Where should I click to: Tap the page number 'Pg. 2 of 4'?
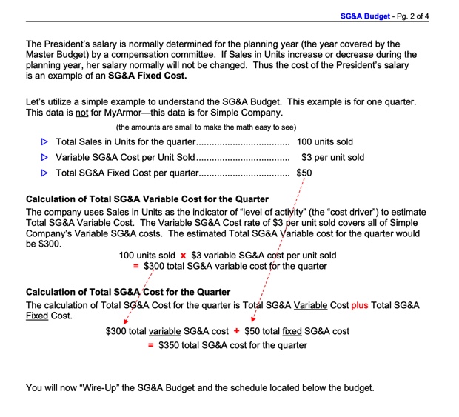423,15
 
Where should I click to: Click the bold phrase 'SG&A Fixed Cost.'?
147,76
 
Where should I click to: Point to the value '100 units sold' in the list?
324,141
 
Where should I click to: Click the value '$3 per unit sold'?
332,157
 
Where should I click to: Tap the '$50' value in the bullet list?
304,173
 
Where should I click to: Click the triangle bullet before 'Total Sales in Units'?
44,141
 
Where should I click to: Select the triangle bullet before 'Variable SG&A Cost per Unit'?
44,157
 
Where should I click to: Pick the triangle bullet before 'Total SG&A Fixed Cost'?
44,173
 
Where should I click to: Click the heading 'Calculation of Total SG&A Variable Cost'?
147,199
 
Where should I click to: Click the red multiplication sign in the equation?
183,256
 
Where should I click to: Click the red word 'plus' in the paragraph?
359,305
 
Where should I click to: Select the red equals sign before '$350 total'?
152,345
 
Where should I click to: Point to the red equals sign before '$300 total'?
135,267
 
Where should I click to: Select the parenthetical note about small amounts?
206,127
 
